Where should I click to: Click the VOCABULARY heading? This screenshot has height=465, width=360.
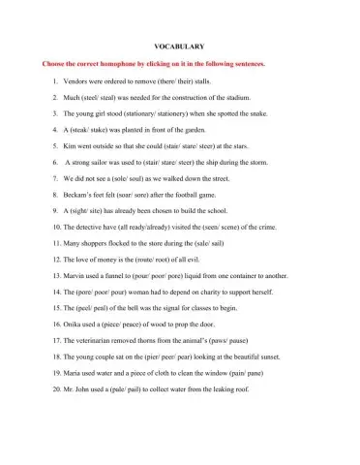click(179, 46)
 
